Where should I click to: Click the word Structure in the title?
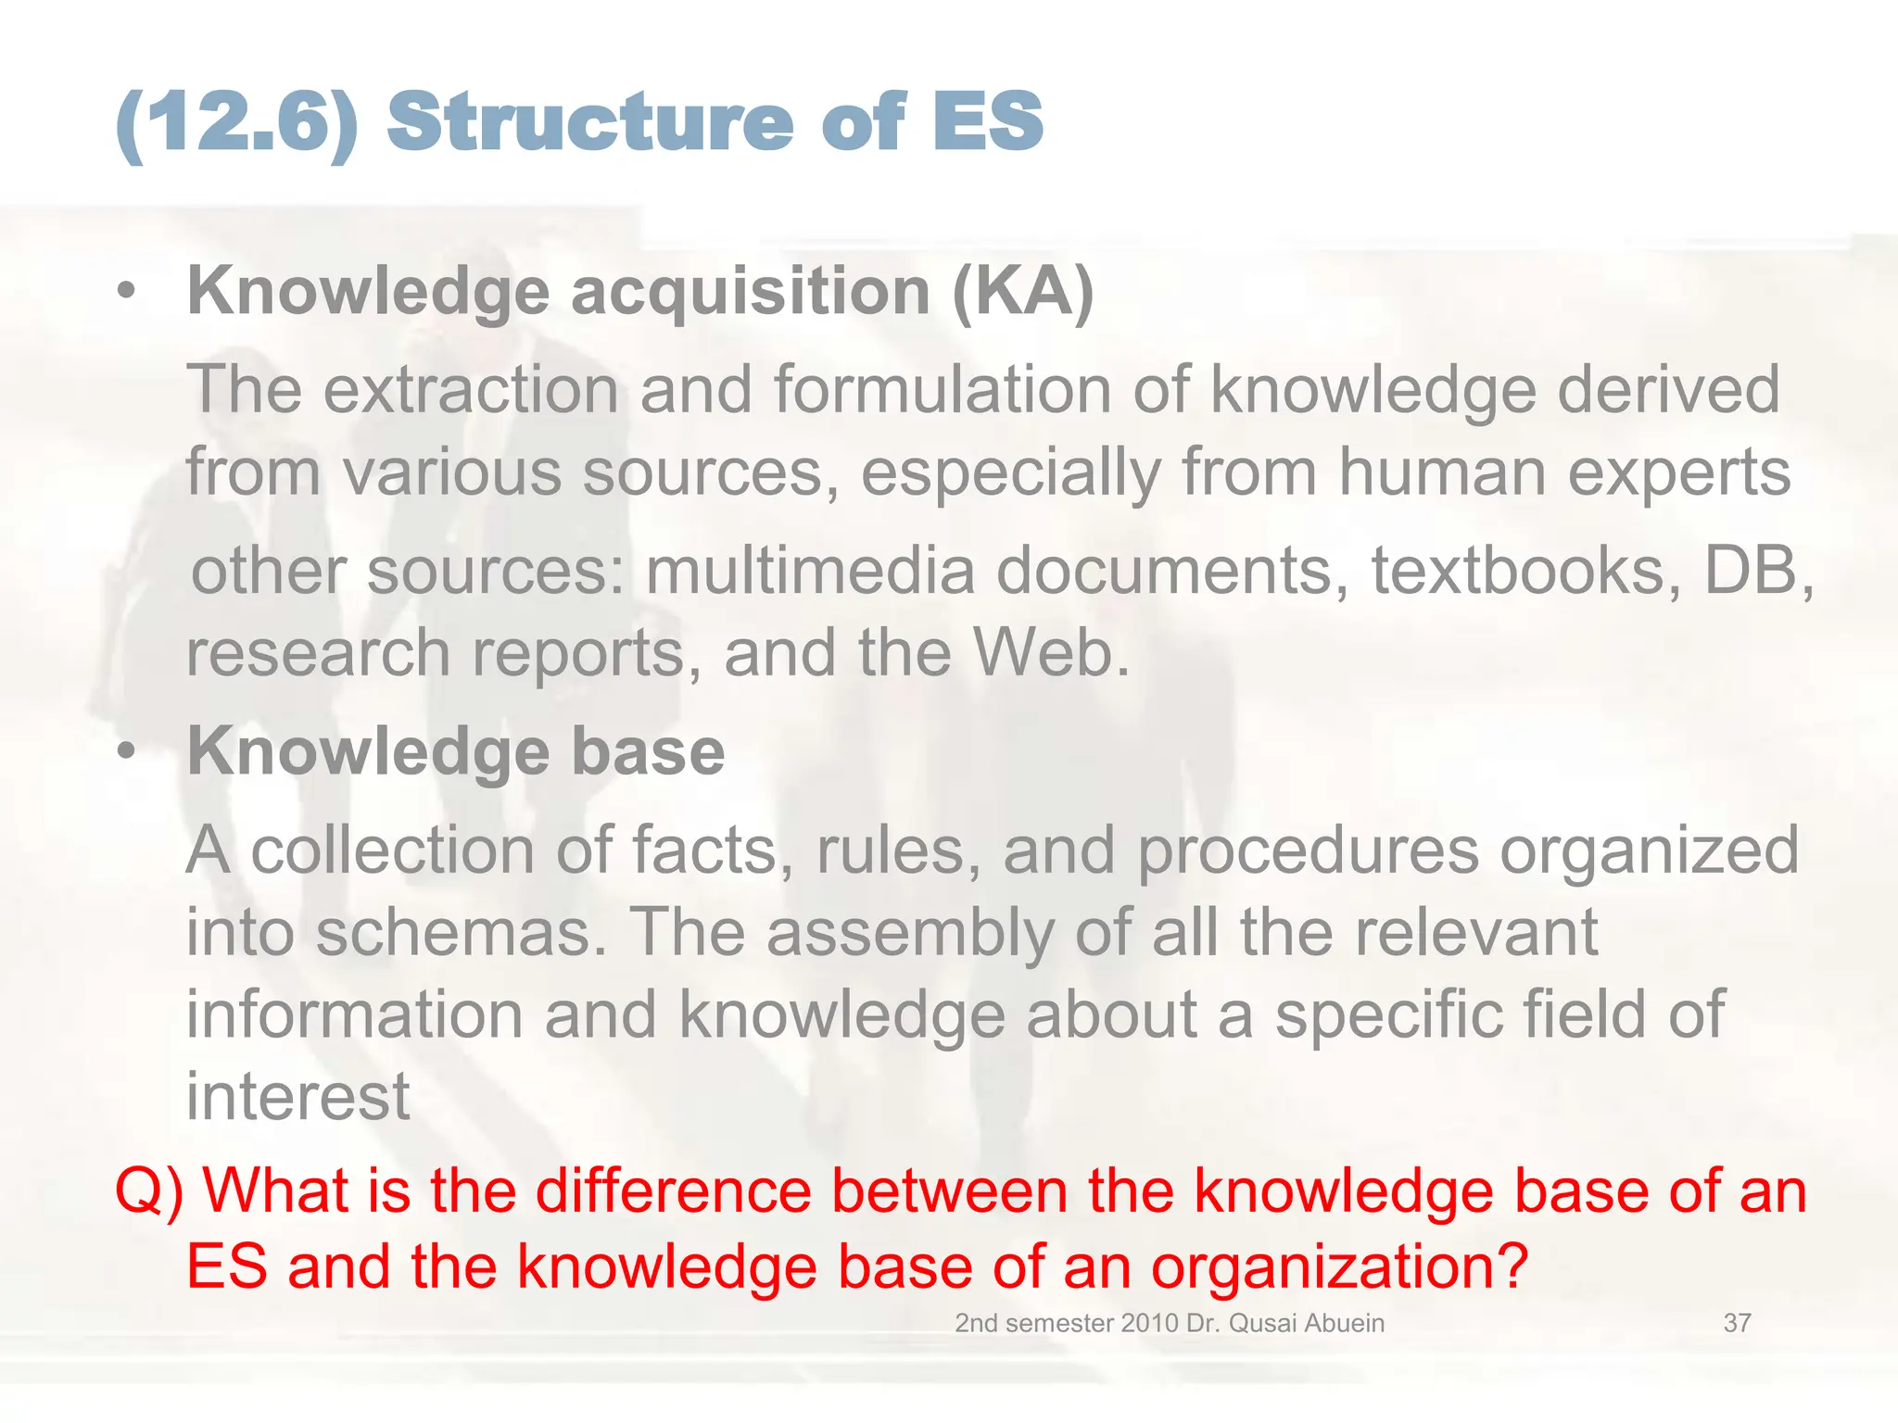click(590, 122)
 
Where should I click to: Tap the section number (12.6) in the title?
click(237, 122)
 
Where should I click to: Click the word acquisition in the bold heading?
click(751, 292)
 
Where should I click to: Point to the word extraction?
click(471, 390)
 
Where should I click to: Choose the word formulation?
click(942, 390)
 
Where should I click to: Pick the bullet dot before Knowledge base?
click(127, 751)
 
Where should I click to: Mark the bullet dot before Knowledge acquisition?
click(127, 292)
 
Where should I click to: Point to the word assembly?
click(910, 932)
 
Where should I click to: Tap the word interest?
click(297, 1097)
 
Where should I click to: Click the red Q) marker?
click(148, 1191)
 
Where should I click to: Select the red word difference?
click(674, 1191)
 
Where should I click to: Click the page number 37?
click(1737, 1323)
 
